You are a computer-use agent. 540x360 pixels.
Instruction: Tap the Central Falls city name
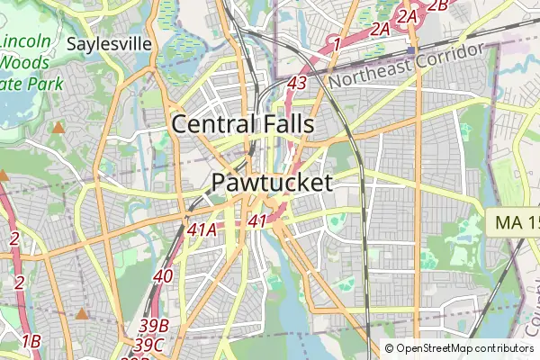click(x=243, y=123)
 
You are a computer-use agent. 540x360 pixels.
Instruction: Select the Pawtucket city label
click(x=272, y=182)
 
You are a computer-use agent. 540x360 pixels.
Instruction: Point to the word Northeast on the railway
click(x=370, y=77)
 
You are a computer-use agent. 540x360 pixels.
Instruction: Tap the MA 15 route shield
click(x=517, y=221)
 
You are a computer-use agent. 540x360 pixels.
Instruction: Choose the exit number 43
click(x=298, y=83)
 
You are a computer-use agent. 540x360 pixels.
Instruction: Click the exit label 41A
click(x=202, y=229)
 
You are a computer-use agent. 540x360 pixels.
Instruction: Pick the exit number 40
click(x=163, y=275)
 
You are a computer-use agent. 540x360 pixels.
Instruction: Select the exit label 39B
click(x=155, y=325)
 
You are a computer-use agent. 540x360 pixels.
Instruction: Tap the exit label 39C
click(x=148, y=343)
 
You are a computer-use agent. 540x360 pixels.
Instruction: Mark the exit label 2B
click(x=437, y=5)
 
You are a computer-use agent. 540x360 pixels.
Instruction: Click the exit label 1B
click(x=31, y=340)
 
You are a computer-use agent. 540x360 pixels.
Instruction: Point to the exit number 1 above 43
click(x=335, y=43)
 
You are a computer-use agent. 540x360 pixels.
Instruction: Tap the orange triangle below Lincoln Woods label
click(x=58, y=128)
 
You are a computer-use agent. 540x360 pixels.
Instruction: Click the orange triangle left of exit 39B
click(x=83, y=314)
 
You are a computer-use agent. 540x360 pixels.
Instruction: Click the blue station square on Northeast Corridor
click(x=409, y=50)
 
